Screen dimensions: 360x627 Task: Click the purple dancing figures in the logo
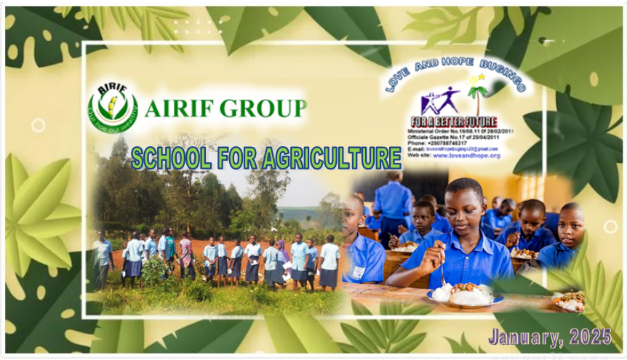click(439, 100)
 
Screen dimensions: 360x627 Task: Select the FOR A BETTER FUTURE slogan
click(454, 121)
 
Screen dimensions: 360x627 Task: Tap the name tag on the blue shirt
click(359, 272)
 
